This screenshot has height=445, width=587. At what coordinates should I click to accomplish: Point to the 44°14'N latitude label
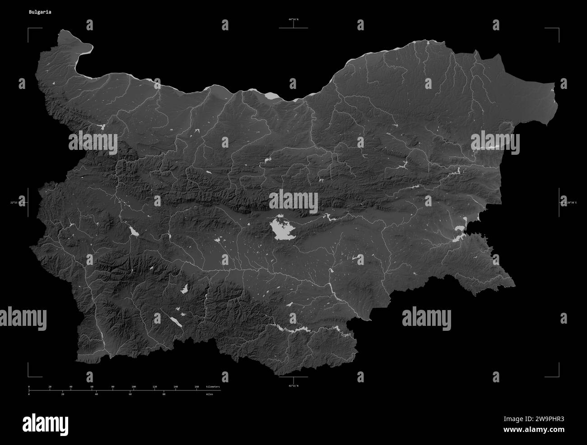(293, 19)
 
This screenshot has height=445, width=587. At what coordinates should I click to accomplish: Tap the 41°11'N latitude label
(293, 386)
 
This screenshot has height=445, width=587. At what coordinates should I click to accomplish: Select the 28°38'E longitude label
(570, 203)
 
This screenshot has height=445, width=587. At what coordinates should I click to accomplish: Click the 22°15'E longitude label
(17, 203)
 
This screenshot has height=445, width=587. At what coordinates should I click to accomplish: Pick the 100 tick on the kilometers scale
(134, 387)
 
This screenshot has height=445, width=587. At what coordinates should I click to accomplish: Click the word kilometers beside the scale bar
(213, 387)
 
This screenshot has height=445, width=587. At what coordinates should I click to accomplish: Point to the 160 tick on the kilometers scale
(196, 387)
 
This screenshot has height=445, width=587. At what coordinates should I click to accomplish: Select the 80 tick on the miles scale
(164, 394)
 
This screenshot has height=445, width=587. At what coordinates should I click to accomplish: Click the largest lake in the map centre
(283, 230)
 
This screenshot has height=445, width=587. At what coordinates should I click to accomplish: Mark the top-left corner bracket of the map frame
(29, 29)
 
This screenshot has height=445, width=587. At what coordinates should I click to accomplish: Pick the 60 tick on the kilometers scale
(92, 387)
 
